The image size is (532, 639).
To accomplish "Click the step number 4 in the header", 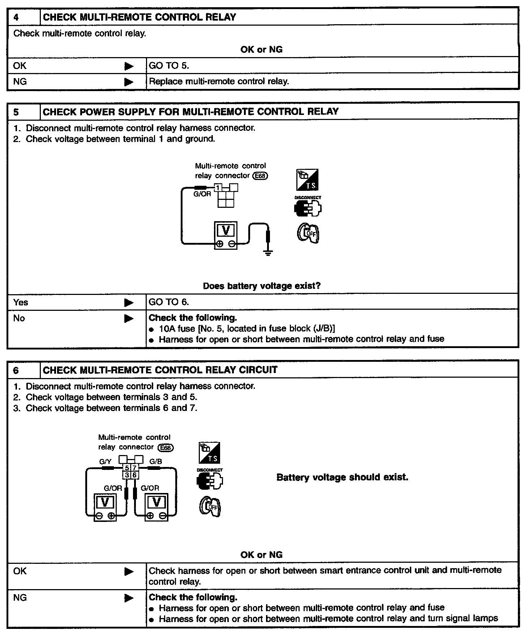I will [x=16, y=17].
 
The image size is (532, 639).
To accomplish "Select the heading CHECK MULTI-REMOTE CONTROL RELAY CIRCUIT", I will [x=160, y=370].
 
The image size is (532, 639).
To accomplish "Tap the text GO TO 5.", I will [x=169, y=65].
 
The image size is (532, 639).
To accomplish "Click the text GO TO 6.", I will [x=169, y=302].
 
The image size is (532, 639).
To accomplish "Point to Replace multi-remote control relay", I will [x=219, y=81].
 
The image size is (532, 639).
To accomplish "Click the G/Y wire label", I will [x=105, y=462].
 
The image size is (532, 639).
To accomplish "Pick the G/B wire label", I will [x=156, y=462].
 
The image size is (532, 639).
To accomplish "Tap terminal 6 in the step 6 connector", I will [x=134, y=475].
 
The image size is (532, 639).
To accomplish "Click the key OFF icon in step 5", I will [x=308, y=233].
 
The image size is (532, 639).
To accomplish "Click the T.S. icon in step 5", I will [x=307, y=180].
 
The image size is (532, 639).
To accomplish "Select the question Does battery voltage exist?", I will [x=262, y=286].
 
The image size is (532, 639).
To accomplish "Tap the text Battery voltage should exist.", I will [x=342, y=477].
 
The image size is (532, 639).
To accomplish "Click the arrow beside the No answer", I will [x=129, y=318].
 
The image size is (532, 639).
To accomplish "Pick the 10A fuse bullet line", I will [x=246, y=329].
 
